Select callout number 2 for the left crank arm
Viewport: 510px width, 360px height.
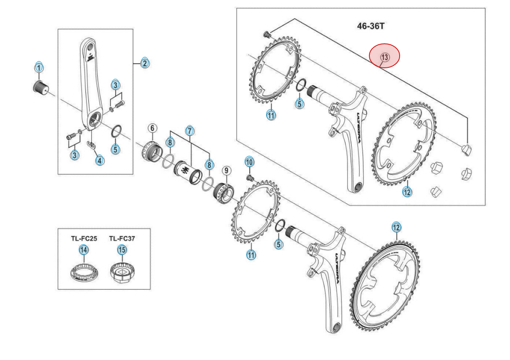point(144,63)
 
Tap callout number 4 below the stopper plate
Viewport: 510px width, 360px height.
point(100,160)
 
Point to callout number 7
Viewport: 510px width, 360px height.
point(190,131)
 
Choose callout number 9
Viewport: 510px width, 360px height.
point(226,170)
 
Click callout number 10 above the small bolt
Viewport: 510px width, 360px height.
point(249,161)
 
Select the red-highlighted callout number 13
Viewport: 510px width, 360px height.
point(384,56)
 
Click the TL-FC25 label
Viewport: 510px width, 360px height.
point(84,238)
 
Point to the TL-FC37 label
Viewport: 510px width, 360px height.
point(122,238)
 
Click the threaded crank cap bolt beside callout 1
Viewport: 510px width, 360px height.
point(40,86)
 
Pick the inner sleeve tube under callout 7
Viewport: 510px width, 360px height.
point(187,172)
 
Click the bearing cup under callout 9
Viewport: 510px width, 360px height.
point(224,193)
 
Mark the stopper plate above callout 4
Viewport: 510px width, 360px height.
point(91,145)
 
